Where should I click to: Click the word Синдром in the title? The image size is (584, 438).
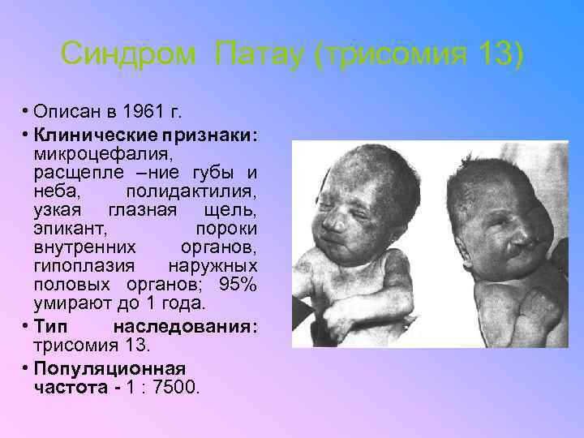128,55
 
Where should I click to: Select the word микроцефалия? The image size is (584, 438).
92,153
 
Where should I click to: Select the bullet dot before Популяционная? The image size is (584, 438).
27,367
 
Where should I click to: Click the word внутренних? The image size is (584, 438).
85,247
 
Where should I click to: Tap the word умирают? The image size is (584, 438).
71,306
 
